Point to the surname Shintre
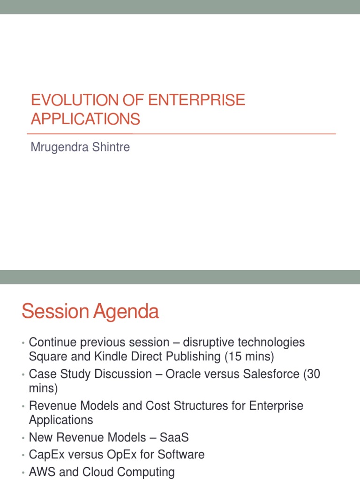[x=112, y=147]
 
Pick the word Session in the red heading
[x=55, y=312]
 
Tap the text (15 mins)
[x=249, y=356]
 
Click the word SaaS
[x=174, y=437]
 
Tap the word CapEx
[x=46, y=455]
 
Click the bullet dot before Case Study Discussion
[x=22, y=375]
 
